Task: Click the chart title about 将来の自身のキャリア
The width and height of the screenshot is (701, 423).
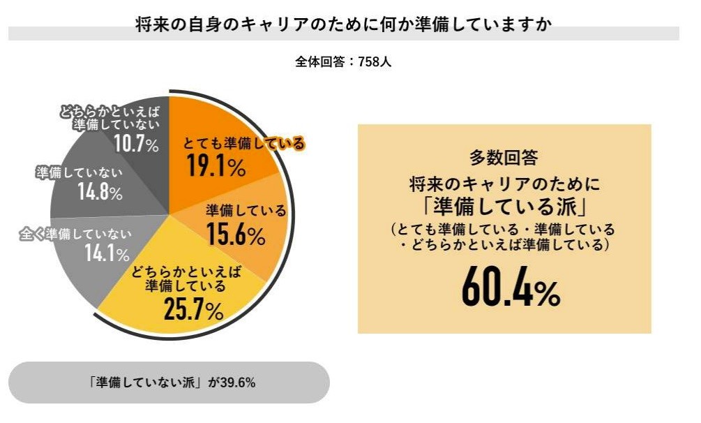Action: pyautogui.click(x=343, y=24)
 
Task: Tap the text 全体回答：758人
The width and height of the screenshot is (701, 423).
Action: pyautogui.click(x=343, y=61)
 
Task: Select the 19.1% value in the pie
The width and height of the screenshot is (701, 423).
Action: pyautogui.click(x=216, y=168)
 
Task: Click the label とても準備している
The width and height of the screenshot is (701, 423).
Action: pyautogui.click(x=244, y=144)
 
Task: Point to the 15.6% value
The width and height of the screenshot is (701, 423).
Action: pyautogui.click(x=236, y=235)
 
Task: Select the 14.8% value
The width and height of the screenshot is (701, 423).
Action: pyautogui.click(x=100, y=192)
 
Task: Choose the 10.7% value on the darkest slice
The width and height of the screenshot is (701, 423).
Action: pyautogui.click(x=136, y=144)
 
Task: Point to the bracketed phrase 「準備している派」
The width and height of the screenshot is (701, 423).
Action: pyautogui.click(x=504, y=208)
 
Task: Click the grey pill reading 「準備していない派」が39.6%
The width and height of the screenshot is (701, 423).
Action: pyautogui.click(x=168, y=383)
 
